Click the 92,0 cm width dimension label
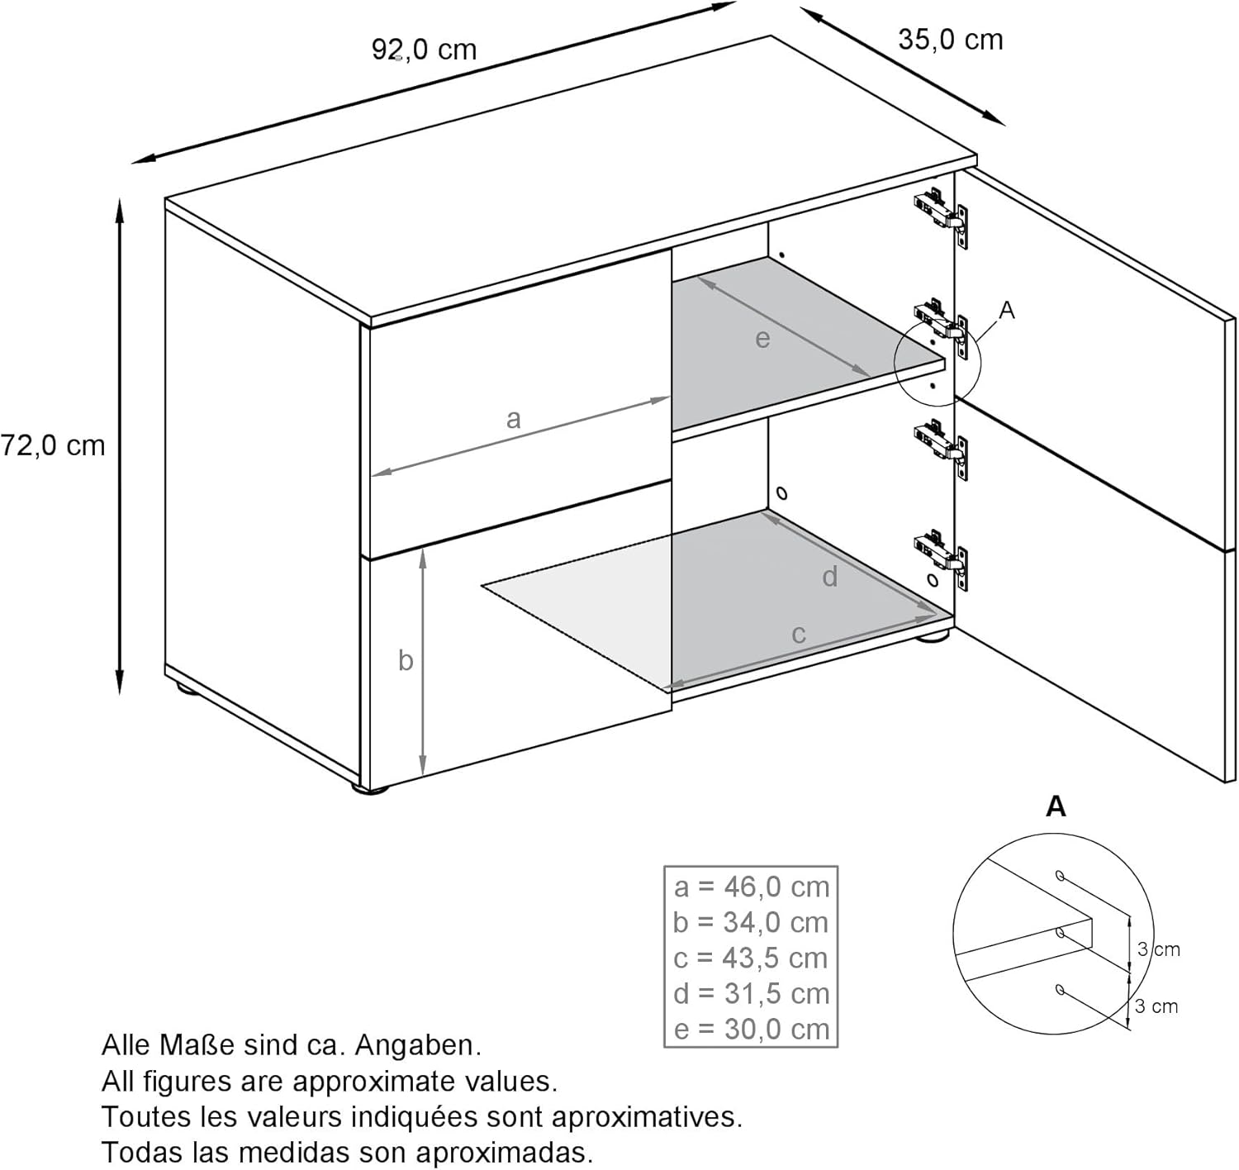[x=425, y=50]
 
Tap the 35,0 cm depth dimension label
[x=950, y=40]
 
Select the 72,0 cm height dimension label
[x=53, y=446]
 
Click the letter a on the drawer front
[x=513, y=419]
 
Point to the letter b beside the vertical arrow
[x=406, y=660]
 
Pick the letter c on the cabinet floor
[x=799, y=635]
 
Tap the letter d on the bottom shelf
[x=830, y=576]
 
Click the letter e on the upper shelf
[x=762, y=339]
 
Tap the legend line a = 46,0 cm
[x=752, y=887]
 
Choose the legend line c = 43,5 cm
[x=751, y=958]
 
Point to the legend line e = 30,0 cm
[x=752, y=1030]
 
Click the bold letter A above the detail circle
[x=1056, y=806]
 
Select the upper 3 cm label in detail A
[x=1159, y=949]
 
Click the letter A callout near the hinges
[x=1007, y=311]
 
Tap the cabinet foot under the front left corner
[x=369, y=789]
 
